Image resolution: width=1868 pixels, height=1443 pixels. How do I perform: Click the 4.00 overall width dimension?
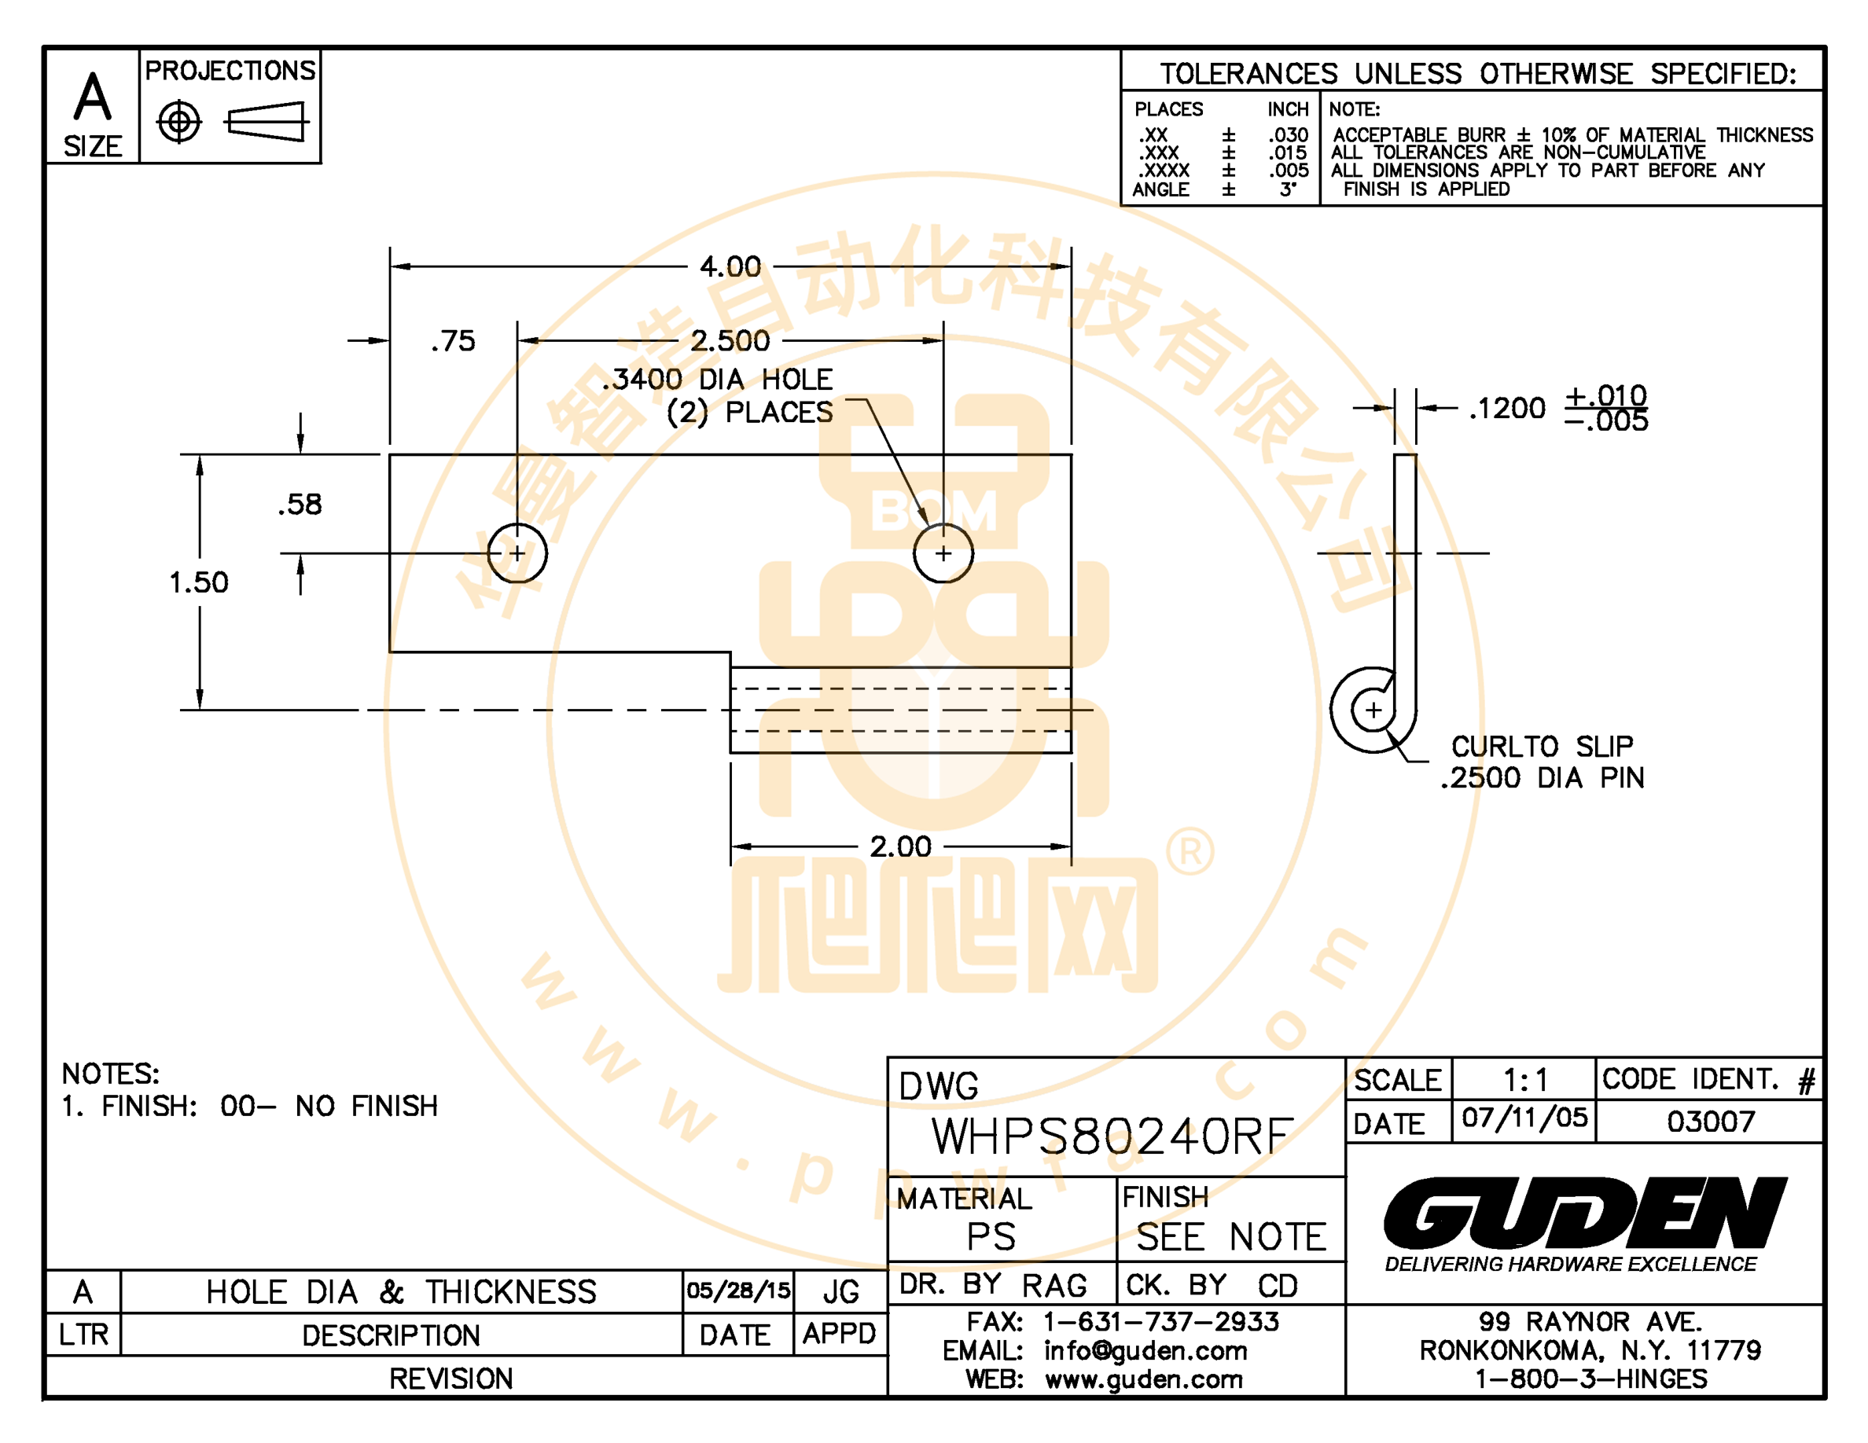pyautogui.click(x=730, y=266)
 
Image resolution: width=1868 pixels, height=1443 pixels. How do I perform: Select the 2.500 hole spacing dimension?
pyautogui.click(x=730, y=341)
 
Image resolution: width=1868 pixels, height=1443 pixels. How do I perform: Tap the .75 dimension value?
pyautogui.click(x=453, y=342)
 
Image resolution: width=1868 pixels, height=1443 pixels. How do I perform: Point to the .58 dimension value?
pyautogui.click(x=300, y=505)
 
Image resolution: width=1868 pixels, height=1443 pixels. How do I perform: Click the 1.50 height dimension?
pyautogui.click(x=198, y=583)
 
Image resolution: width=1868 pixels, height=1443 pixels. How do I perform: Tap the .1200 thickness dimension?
pyautogui.click(x=1507, y=409)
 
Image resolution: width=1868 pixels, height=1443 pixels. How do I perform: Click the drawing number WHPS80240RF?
pyautogui.click(x=1112, y=1137)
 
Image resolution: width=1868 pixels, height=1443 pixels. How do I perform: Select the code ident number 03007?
pyautogui.click(x=1711, y=1122)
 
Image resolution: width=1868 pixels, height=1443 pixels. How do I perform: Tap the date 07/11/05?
pyautogui.click(x=1524, y=1118)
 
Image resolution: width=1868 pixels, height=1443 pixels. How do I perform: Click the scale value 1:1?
pyautogui.click(x=1526, y=1081)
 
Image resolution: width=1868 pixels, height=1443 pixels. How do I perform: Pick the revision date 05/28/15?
pyautogui.click(x=738, y=1291)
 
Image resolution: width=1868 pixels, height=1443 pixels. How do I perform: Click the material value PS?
pyautogui.click(x=991, y=1237)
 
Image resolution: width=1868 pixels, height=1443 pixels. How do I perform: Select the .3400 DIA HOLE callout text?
pyautogui.click(x=717, y=380)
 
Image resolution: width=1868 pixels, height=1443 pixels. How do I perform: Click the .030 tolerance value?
pyautogui.click(x=1288, y=135)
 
